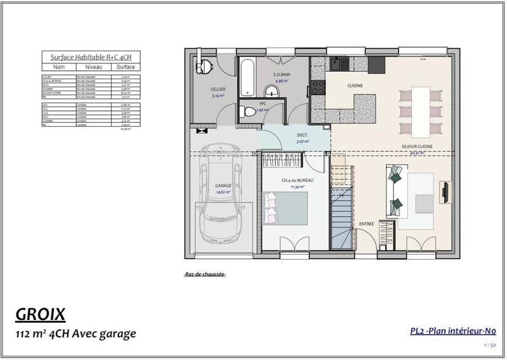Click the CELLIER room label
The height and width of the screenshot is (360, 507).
click(218, 89)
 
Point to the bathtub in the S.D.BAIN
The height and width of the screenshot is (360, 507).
click(247, 79)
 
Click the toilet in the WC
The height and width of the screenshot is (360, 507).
click(250, 112)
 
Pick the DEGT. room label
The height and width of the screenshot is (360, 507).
click(302, 135)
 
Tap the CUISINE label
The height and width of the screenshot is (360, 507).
click(354, 85)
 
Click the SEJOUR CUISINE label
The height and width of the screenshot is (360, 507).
click(417, 146)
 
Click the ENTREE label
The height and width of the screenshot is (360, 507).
click(366, 224)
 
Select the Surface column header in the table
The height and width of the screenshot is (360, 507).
click(125, 67)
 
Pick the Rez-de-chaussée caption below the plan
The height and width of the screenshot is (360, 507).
click(204, 274)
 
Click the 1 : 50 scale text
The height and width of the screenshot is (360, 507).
click(489, 345)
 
